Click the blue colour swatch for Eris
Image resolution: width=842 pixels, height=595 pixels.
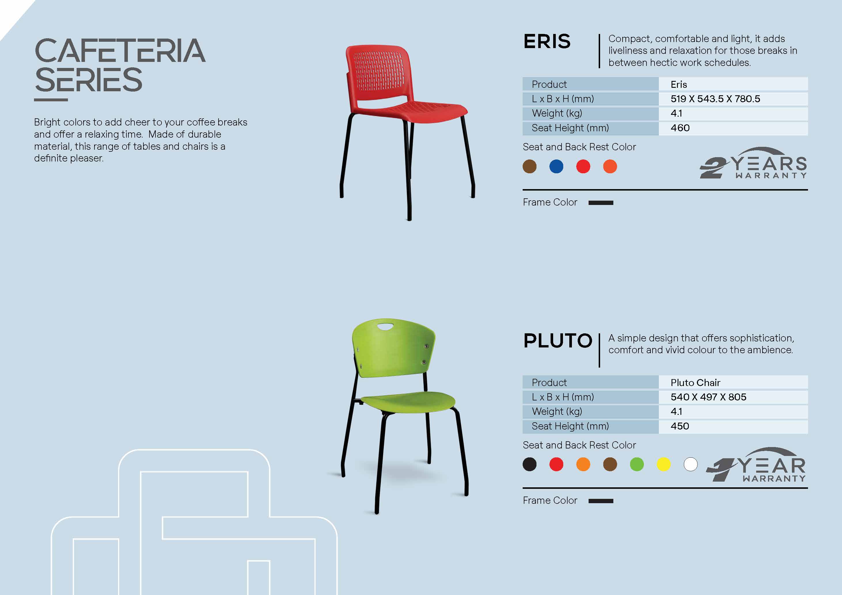tap(556, 166)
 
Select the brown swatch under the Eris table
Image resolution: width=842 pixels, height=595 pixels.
tap(530, 166)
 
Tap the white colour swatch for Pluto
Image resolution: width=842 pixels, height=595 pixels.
tap(691, 465)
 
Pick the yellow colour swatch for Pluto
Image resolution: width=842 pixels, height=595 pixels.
tap(664, 465)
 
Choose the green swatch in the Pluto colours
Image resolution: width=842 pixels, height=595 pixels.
tap(637, 465)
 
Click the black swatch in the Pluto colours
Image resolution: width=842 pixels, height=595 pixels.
tap(530, 465)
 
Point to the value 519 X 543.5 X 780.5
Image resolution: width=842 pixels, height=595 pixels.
tap(715, 99)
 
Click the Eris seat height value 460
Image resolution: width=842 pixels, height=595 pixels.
tap(680, 128)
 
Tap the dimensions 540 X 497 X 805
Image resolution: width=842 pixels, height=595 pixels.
tap(708, 397)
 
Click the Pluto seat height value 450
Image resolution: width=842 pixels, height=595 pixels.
tap(680, 426)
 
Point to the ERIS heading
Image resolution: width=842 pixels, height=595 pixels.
tap(547, 41)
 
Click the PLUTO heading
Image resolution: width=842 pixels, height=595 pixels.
tap(558, 341)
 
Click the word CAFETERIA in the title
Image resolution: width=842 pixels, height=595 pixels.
tap(120, 51)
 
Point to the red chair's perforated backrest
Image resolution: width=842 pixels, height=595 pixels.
tap(378, 71)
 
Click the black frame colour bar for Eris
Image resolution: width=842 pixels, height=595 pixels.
tap(601, 203)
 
